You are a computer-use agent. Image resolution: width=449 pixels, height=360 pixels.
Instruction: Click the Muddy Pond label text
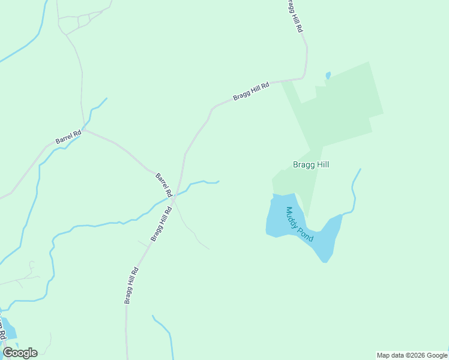point(300,224)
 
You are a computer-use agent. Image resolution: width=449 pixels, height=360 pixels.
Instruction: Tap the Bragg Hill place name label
point(310,164)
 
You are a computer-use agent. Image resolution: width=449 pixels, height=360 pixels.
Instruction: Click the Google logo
point(20,353)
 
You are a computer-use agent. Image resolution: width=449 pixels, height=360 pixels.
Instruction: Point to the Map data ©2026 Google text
point(412,355)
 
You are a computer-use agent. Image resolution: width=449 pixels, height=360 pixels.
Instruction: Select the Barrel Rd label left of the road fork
point(68,137)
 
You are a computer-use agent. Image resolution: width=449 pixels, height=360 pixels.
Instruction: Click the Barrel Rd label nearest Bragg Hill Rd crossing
point(163,185)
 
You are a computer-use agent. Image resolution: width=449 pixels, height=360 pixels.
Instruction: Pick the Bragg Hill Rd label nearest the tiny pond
point(252,91)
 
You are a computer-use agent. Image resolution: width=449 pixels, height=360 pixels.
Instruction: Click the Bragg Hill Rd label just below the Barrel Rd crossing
point(161,224)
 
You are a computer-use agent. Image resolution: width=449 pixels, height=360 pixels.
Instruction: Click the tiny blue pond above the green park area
point(328,76)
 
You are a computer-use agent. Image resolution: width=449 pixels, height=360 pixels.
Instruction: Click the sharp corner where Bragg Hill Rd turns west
point(306,77)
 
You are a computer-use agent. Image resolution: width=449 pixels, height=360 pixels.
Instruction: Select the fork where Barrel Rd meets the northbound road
point(85,129)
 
